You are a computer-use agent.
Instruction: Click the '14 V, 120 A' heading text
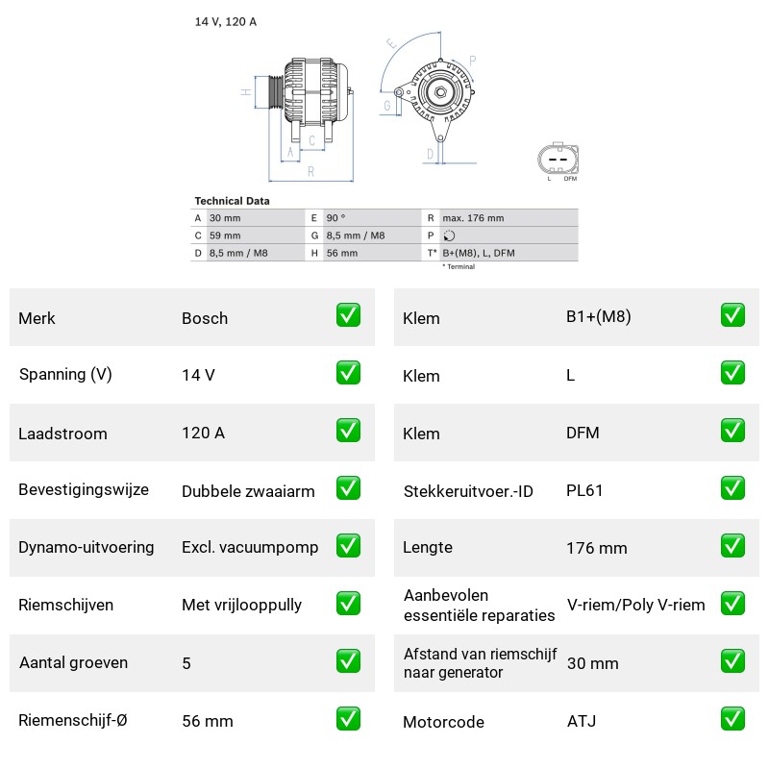[x=226, y=21]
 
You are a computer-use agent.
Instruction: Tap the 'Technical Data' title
[x=232, y=201]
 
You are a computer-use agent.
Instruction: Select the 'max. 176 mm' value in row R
[x=473, y=218]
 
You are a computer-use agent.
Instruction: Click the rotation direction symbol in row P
[x=449, y=236]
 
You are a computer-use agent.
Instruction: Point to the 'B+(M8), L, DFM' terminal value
[x=478, y=253]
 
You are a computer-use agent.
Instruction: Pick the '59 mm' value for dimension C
[x=225, y=236]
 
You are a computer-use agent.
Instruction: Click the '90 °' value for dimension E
[x=335, y=218]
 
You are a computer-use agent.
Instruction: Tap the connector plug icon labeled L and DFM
[x=558, y=159]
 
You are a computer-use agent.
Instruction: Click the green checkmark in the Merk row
[x=348, y=315]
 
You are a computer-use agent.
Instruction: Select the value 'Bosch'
[x=205, y=318]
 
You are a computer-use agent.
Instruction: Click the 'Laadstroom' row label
[x=62, y=434]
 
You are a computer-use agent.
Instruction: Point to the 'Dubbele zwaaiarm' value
[x=248, y=491]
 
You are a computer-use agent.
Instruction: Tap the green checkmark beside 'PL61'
[x=732, y=488]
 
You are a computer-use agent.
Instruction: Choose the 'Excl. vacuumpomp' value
[x=250, y=547]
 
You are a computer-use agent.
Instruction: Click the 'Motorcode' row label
[x=443, y=722]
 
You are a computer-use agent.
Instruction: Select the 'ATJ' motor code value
[x=582, y=721]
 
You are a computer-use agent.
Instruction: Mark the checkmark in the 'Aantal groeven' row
[x=348, y=661]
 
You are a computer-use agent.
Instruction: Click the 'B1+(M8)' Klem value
[x=598, y=317]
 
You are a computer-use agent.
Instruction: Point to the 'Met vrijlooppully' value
[x=242, y=606]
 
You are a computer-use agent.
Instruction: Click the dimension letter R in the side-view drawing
[x=310, y=172]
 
